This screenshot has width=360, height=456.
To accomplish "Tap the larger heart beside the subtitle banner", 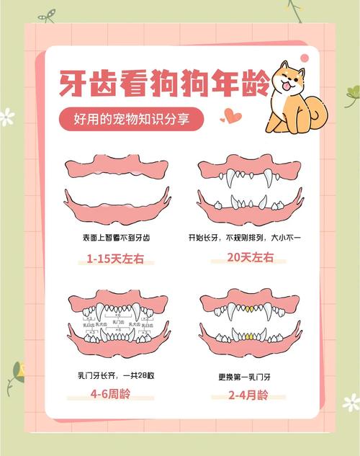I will tap(231, 115).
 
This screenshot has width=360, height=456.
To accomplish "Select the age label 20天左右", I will tap(249, 259).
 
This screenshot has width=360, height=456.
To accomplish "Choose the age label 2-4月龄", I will tap(248, 395).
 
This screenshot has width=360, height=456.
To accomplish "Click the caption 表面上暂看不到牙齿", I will tap(114, 237).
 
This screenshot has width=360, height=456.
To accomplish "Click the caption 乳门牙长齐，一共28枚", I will tap(114, 374).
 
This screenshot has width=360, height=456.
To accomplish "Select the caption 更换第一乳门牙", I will tap(248, 374).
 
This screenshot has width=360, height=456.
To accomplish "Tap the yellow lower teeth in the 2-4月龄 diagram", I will tap(248, 336).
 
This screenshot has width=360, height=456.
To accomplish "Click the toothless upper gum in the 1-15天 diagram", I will tap(114, 168).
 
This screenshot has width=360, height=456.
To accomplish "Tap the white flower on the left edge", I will tap(6, 116).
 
